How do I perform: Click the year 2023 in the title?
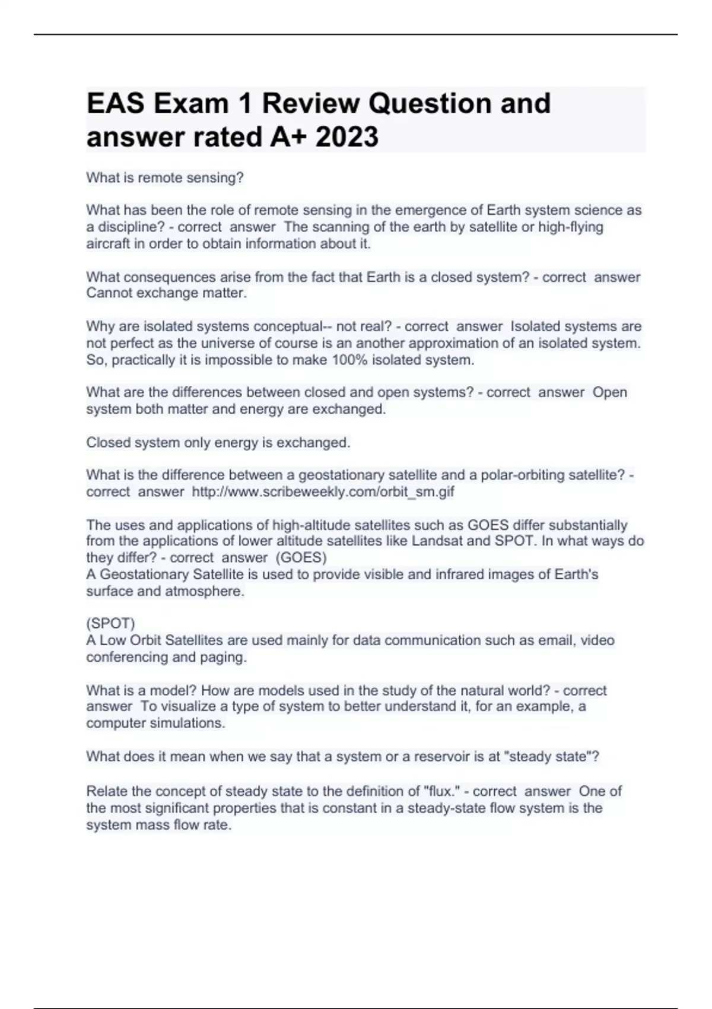pos(347,137)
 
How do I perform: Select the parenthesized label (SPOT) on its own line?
pos(111,623)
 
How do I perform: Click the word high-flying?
pos(570,227)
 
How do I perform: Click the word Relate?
pos(107,791)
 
